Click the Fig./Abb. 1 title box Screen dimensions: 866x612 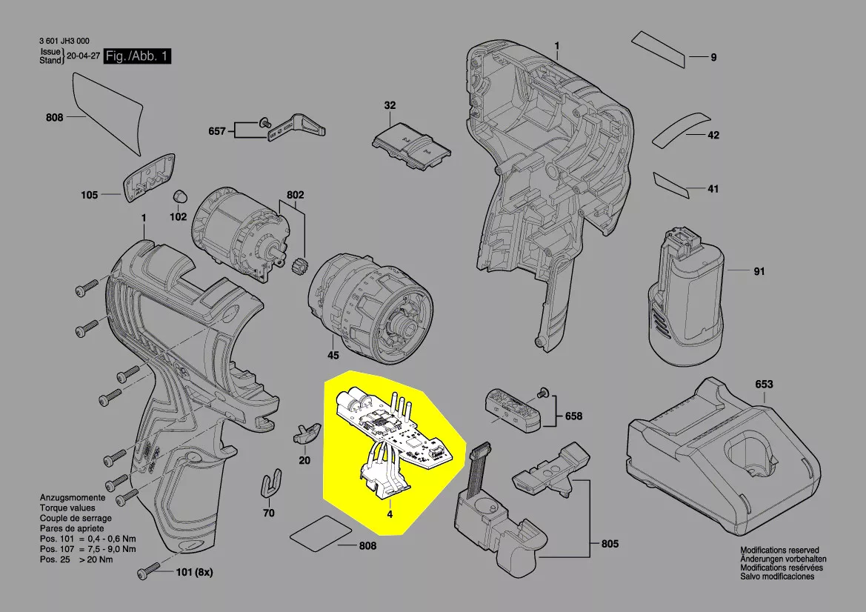point(138,56)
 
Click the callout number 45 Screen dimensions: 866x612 point(333,355)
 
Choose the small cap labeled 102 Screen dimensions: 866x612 point(180,196)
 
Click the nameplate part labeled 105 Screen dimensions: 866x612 point(149,178)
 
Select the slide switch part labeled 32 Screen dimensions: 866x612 point(411,147)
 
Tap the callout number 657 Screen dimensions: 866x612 point(217,131)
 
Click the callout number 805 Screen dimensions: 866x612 point(610,544)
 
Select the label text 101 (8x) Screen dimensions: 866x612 point(194,572)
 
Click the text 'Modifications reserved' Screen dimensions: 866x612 point(780,551)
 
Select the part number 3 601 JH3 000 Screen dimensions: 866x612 point(64,41)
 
